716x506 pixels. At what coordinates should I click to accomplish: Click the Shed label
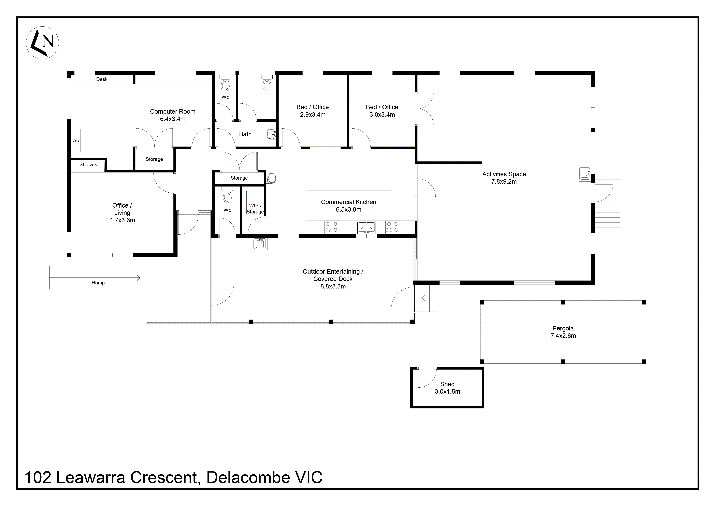pos(447,384)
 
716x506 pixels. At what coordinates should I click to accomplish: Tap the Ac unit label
pos(76,141)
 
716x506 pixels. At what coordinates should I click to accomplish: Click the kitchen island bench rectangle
pos(348,180)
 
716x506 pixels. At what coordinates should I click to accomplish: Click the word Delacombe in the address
pos(248,478)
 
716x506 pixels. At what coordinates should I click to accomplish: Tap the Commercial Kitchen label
pos(348,202)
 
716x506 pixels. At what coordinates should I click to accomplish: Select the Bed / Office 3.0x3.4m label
pos(382,111)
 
